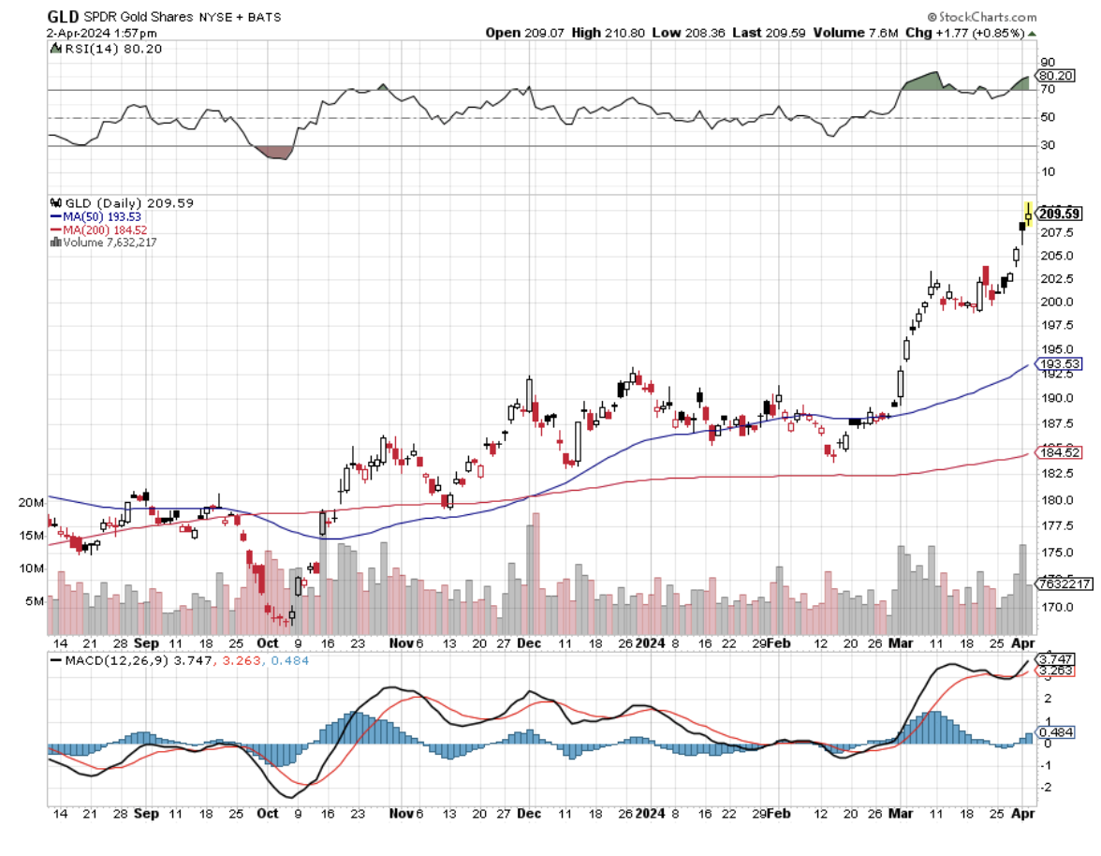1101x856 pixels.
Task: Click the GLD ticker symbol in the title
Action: [x=62, y=16]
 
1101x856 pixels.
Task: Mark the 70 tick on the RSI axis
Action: [x=1047, y=90]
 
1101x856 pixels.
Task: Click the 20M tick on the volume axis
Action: [x=31, y=503]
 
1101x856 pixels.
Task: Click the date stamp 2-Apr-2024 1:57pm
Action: [x=90, y=33]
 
